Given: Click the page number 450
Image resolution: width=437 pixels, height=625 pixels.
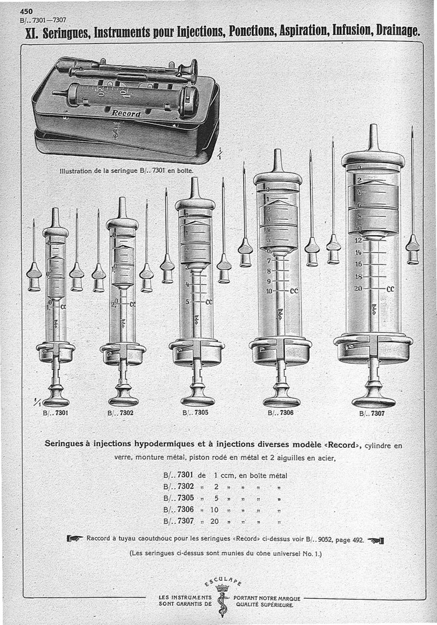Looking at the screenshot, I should (x=26, y=10).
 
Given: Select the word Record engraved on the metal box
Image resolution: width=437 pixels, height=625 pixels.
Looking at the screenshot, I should (x=126, y=114).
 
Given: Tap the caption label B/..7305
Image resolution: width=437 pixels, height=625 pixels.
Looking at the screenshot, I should (x=195, y=412).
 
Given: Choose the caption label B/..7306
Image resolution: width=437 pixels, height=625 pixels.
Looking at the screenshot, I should (x=280, y=413).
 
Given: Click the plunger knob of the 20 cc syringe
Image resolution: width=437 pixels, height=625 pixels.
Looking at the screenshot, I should (x=374, y=400).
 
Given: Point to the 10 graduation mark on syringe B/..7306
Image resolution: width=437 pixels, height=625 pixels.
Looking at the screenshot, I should (x=268, y=291).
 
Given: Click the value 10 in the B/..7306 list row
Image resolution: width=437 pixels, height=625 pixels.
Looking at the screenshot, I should (x=214, y=509).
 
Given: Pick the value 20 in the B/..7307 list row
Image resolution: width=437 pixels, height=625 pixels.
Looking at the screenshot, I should (x=214, y=521).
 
